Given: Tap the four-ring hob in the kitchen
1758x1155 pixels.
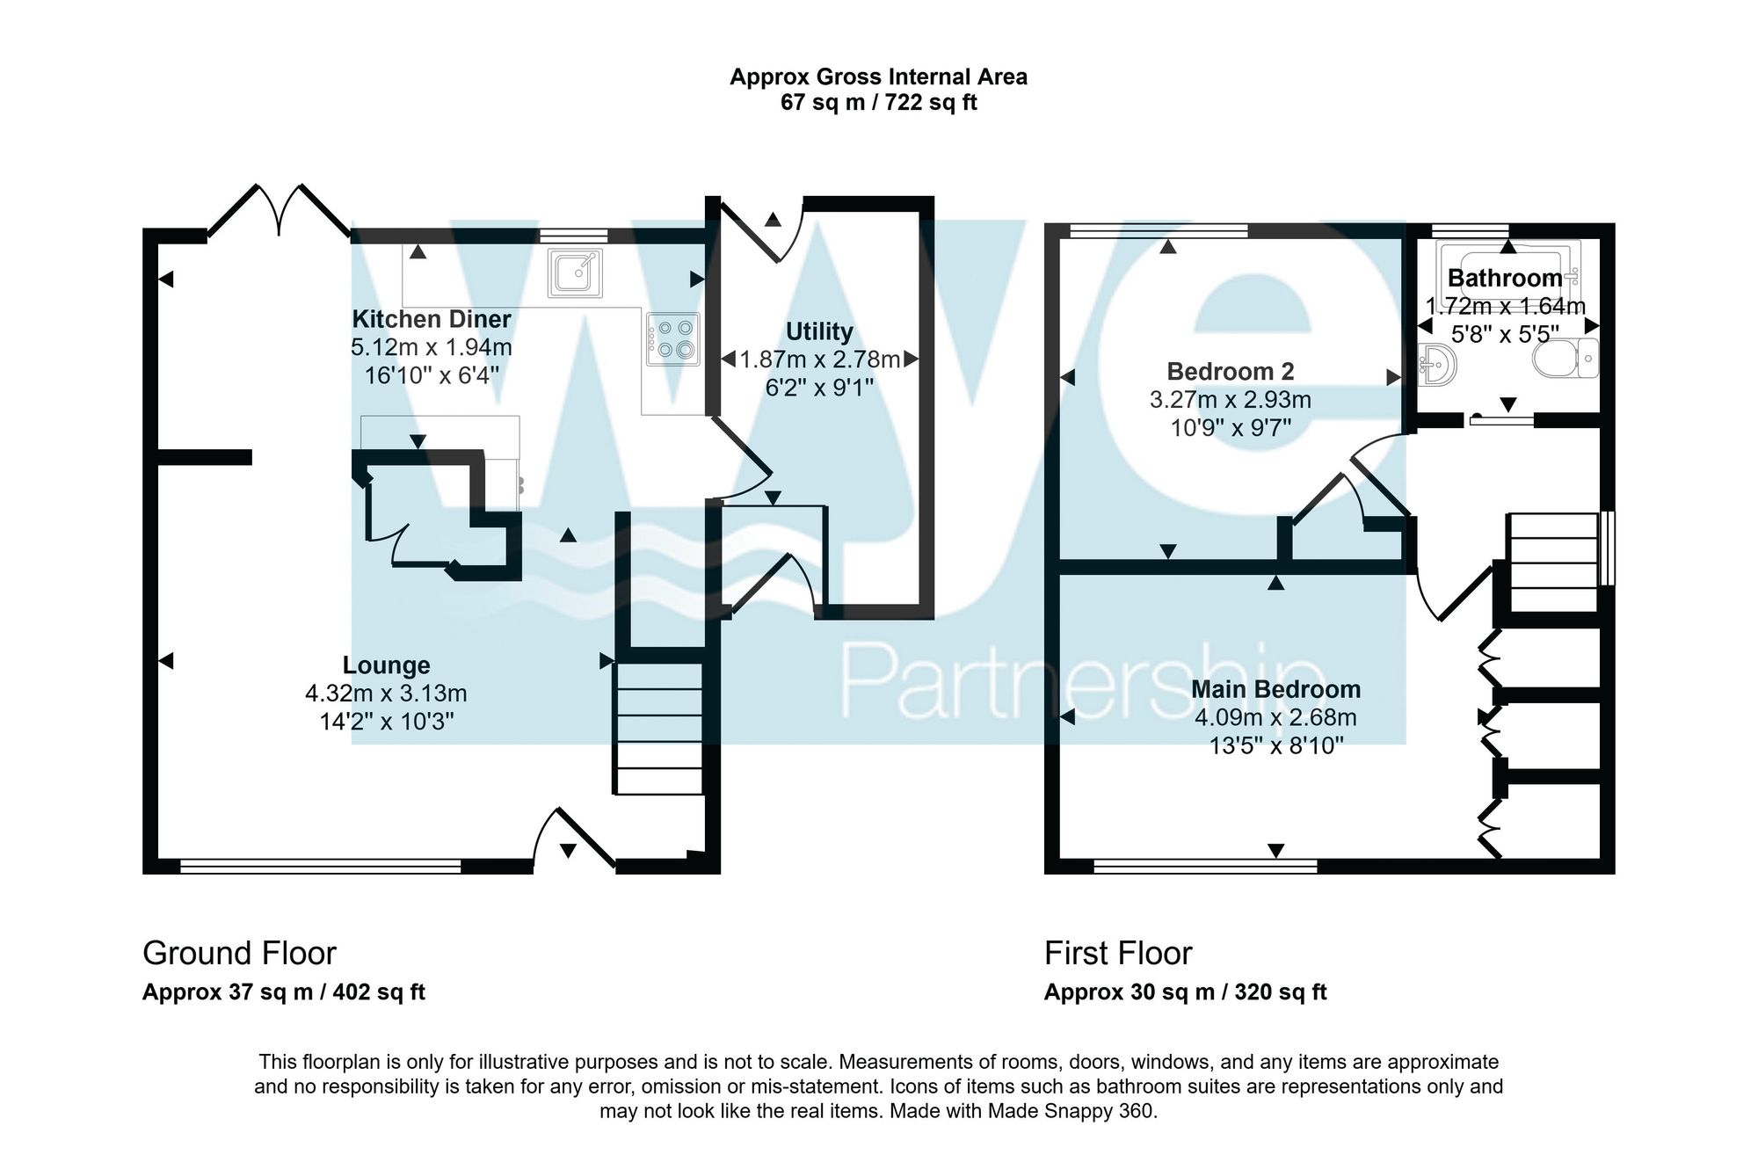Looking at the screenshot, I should (x=673, y=338).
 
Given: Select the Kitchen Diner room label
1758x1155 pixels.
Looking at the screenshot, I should (x=431, y=319).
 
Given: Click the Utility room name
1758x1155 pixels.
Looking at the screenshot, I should (x=819, y=331).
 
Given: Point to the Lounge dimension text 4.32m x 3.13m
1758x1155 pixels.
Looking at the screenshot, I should (x=386, y=694).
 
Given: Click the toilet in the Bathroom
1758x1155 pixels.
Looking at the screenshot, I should (x=1565, y=359).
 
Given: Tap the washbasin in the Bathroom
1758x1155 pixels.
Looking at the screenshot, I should (x=1437, y=364).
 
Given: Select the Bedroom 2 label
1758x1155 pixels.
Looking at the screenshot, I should (x=1230, y=371).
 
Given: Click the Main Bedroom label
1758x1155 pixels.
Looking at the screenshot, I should (x=1275, y=689).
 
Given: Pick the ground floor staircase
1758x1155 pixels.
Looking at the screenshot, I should (x=659, y=728).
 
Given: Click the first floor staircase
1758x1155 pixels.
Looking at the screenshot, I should (x=1553, y=563).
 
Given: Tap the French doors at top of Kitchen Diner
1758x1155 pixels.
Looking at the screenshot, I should (x=280, y=211).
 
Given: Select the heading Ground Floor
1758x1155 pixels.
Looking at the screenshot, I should (x=239, y=953).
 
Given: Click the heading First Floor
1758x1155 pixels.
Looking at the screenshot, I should (x=1117, y=953).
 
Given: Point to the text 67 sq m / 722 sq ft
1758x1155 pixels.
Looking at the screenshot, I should (x=878, y=103).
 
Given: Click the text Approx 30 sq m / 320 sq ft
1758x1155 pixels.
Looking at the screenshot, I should (x=1185, y=992).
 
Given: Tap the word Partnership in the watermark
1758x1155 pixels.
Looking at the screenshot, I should (x=1081, y=681).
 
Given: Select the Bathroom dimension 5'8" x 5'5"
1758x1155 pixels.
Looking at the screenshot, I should (x=1505, y=334).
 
